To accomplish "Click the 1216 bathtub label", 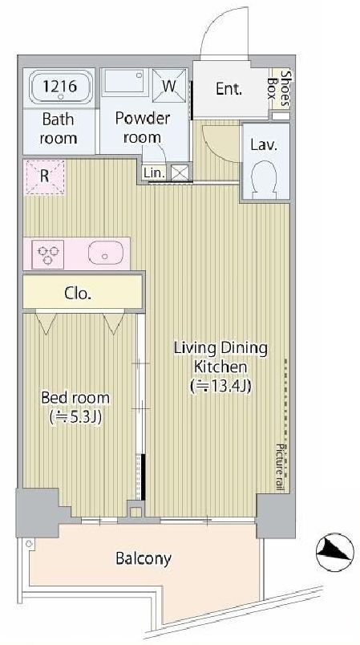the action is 59,87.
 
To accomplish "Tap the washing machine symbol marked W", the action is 169,86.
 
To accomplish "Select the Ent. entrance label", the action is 229,89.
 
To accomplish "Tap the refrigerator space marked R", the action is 45,176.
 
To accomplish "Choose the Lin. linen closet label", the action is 155,173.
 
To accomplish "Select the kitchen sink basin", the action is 105,253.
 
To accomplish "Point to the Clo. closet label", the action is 78,294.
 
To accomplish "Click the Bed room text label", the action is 75,398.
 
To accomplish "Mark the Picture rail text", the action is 282,467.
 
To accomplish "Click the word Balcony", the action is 143,558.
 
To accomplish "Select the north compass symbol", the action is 335,552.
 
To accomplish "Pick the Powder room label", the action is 142,128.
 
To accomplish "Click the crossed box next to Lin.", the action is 180,172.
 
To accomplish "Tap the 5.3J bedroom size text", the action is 75,416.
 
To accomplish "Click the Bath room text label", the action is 59,128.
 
